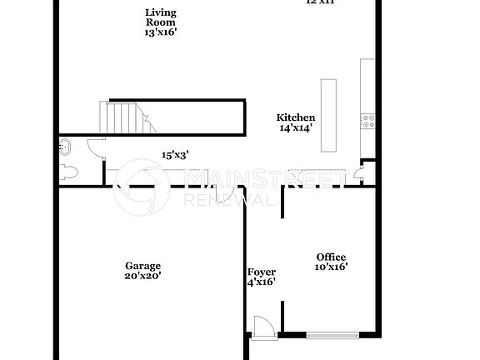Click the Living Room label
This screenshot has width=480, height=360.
[160, 17]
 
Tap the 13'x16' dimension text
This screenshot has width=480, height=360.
[160, 32]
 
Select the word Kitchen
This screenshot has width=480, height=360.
[296, 117]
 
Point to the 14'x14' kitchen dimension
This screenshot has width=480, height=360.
[296, 128]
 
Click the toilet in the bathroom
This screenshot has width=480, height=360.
[69, 172]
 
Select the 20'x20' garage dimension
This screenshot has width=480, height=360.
[142, 275]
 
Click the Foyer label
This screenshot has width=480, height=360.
[261, 272]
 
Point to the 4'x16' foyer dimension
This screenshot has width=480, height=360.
[261, 282]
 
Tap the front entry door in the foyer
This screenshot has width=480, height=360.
[262, 326]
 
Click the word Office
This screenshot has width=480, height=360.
[331, 257]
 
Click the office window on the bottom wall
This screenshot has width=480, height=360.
[332, 336]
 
